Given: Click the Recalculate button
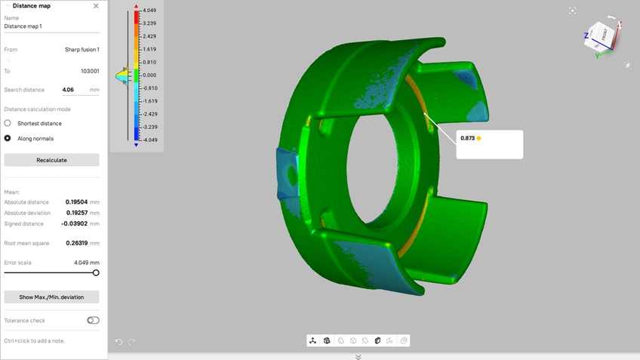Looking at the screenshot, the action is pos(51,160).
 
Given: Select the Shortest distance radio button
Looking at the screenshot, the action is pos(8,123).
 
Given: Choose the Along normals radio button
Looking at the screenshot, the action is pos(8,138).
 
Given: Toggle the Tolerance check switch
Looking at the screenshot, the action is pos(93,321).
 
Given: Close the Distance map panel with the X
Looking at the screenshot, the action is pos(96,6).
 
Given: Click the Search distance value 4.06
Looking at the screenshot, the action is pos(68,90).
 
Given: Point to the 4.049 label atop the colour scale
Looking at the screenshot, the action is pos(149,11).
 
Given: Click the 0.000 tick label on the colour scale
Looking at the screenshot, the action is pos(149,75).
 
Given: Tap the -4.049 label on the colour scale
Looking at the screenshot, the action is pos(149,140).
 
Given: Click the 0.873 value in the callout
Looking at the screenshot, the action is pos(467,138).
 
